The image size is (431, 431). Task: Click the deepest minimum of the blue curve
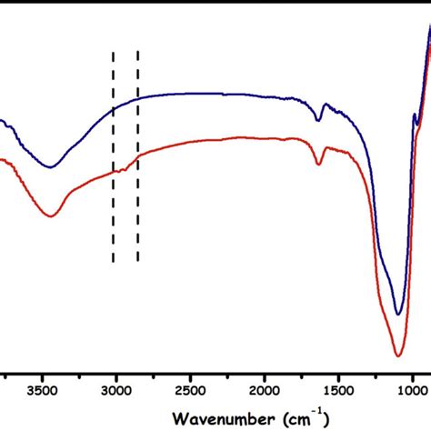[397, 315]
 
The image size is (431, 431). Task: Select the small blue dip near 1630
[318, 120]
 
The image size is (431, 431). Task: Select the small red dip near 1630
[319, 165]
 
